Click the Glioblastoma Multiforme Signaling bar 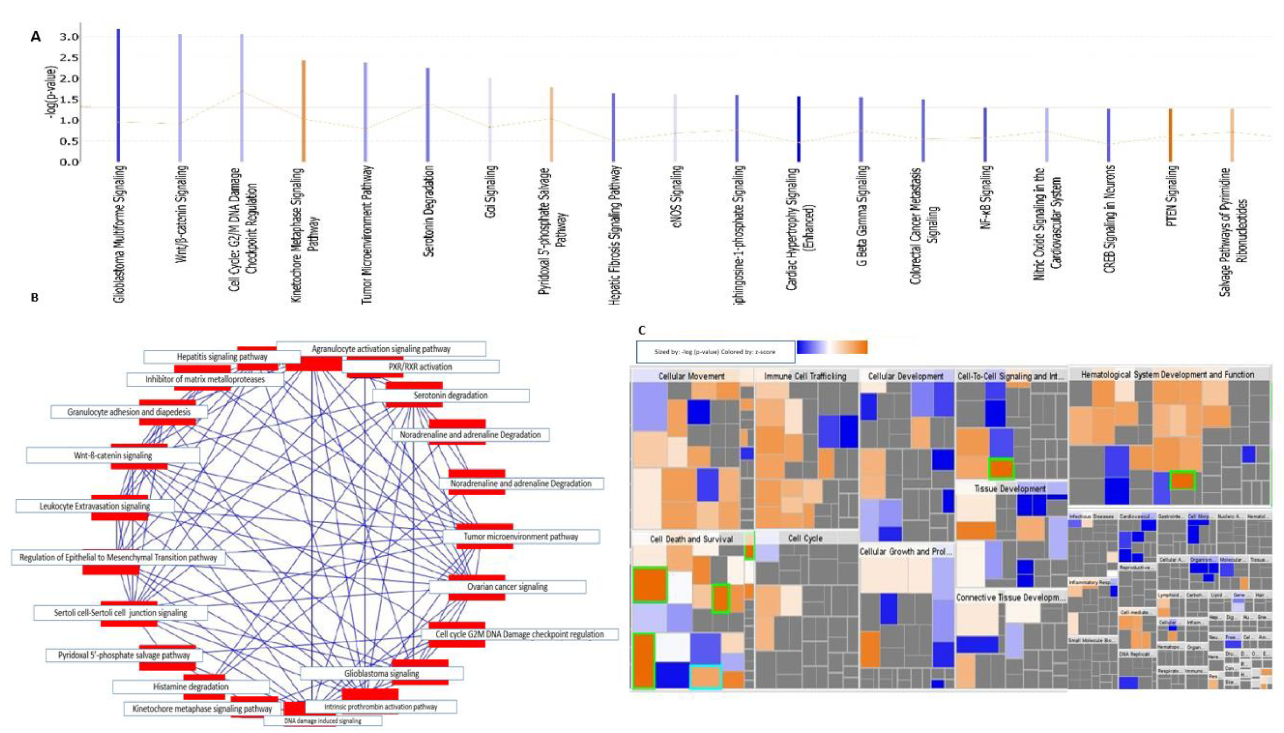tap(118, 96)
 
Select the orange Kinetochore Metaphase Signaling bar tap(304, 111)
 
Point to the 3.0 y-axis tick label tap(68, 37)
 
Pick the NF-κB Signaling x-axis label tap(987, 197)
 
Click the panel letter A tap(35, 36)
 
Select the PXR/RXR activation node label tap(420, 366)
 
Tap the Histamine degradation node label tap(191, 687)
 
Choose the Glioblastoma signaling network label tap(382, 673)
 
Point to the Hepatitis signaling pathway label tap(222, 356)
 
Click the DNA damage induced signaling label tap(323, 721)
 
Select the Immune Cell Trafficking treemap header tap(805, 376)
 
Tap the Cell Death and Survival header tap(691, 539)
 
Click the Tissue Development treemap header tap(1010, 488)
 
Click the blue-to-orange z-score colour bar tap(832, 347)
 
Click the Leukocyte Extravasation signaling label tap(95, 506)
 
